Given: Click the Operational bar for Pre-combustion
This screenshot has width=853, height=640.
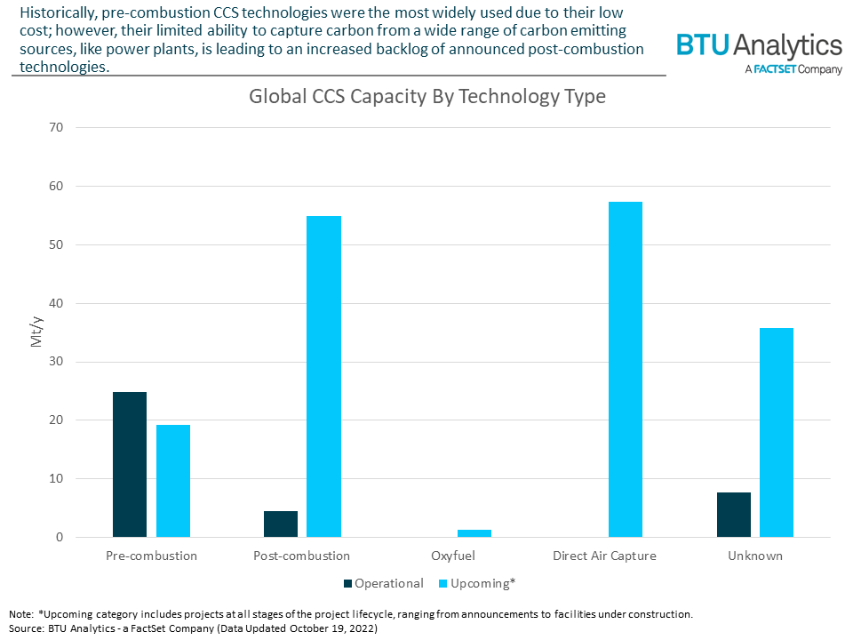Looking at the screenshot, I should (129, 464).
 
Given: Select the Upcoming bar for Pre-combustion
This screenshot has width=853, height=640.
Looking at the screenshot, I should (173, 481).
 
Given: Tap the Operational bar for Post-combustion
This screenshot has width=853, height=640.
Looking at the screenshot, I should (281, 524).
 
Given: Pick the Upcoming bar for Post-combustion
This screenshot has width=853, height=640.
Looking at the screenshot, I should (324, 376).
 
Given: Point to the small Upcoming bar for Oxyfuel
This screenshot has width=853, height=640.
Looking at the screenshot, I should (474, 533).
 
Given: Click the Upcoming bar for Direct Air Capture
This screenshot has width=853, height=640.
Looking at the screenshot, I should (626, 369).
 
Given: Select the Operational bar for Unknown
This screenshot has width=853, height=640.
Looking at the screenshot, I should (733, 515).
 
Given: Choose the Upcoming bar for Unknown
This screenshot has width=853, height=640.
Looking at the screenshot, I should (777, 432).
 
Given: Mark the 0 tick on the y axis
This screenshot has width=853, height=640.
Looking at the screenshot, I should (60, 537).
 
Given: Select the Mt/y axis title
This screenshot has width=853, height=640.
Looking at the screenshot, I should (36, 332).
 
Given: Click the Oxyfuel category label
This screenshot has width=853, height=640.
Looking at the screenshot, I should (453, 556).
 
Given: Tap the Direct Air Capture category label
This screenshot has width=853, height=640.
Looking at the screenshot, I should (603, 556).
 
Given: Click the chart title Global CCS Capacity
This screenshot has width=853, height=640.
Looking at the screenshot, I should (426, 96).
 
